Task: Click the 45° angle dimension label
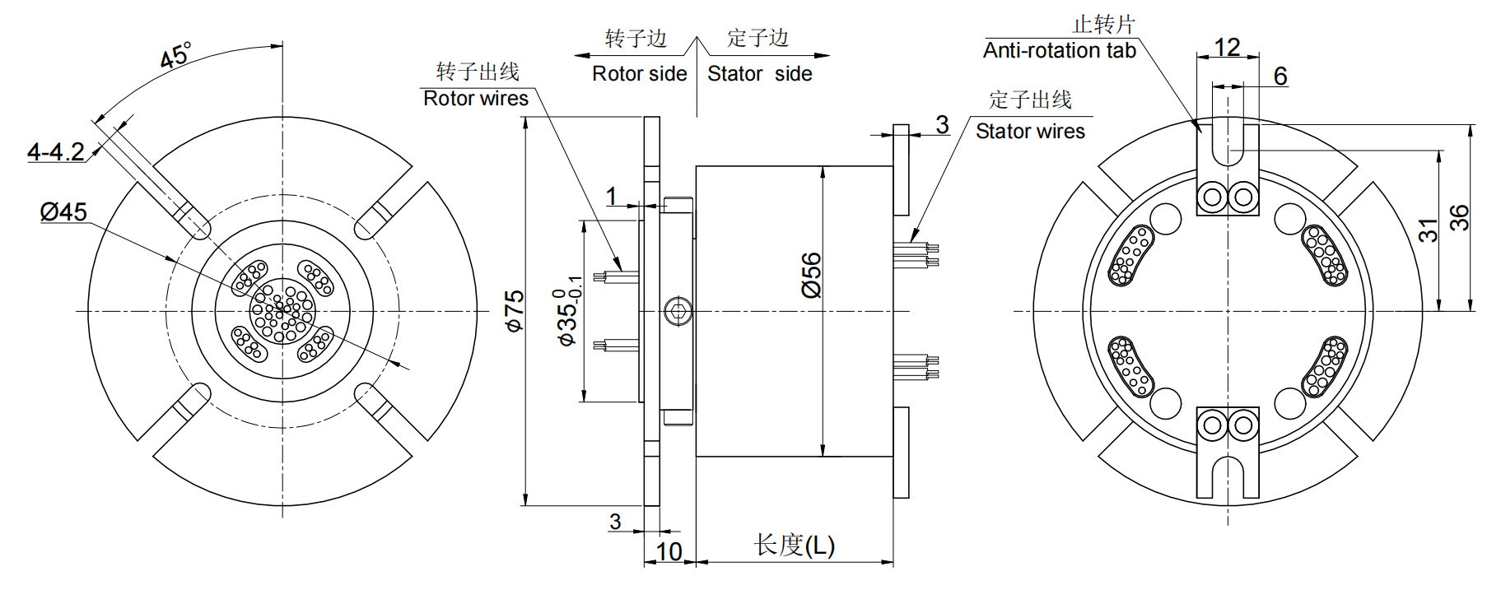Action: [x=175, y=56]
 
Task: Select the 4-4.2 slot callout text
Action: [x=55, y=152]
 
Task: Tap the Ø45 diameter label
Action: [x=63, y=212]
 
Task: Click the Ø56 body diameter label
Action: [x=811, y=275]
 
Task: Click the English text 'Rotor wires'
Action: [x=475, y=99]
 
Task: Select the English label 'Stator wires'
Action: [x=1030, y=132]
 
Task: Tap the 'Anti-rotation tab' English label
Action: [x=1059, y=51]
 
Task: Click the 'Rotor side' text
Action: [x=639, y=74]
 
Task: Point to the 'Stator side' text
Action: [x=759, y=74]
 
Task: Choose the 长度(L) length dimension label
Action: [x=794, y=545]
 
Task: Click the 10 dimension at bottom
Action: [x=669, y=551]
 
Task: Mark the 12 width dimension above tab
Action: [x=1227, y=47]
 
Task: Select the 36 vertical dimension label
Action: [x=1458, y=218]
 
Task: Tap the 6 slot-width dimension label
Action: [x=1280, y=77]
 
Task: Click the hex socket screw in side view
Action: [x=676, y=312]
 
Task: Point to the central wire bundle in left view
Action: [x=282, y=311]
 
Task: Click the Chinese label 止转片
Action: [x=1103, y=25]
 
